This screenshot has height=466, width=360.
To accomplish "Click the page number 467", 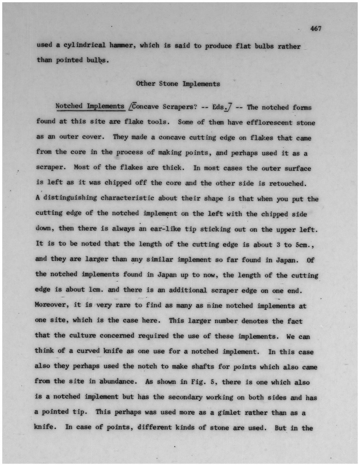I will click(x=315, y=29).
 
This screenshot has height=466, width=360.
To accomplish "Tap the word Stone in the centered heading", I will click(x=168, y=84).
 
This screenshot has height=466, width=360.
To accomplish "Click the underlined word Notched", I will click(x=69, y=106).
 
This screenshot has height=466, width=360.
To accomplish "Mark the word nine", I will click(x=214, y=306).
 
